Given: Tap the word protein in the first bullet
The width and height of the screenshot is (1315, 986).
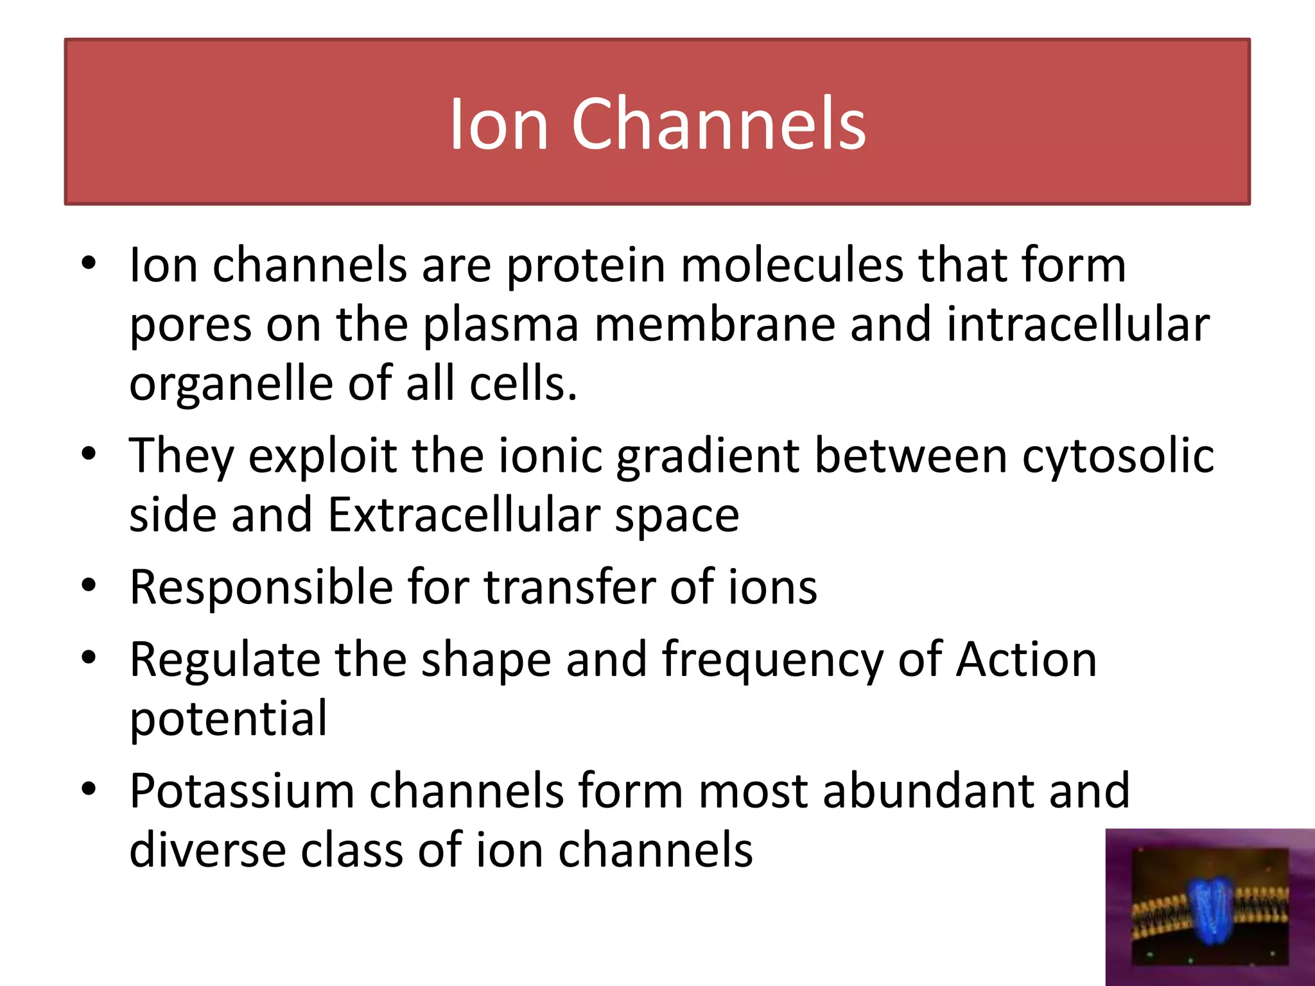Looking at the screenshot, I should [586, 265].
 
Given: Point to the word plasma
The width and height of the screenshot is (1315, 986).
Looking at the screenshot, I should [501, 325].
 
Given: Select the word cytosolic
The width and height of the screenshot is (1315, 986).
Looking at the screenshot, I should [1117, 456].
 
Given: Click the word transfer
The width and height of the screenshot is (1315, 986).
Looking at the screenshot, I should [569, 587].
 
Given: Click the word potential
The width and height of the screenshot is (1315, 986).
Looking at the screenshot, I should [229, 719].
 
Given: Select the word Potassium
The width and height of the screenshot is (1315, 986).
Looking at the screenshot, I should [241, 791].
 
